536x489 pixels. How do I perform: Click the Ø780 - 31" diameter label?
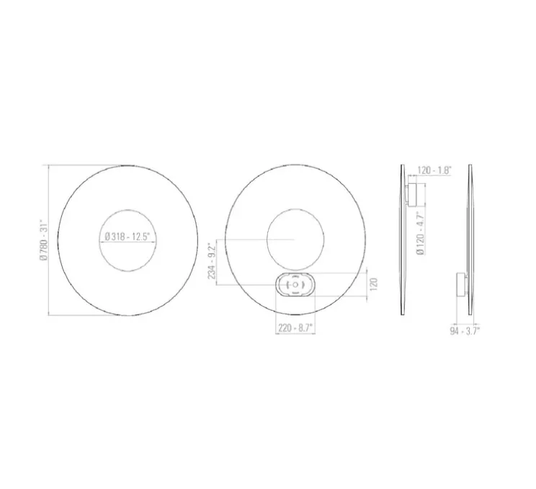tap(43, 240)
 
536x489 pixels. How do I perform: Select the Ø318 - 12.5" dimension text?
tap(128, 237)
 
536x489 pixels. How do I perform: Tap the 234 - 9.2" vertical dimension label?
tap(213, 261)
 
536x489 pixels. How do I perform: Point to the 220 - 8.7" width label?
tap(295, 328)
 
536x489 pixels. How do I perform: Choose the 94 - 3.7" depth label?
tap(465, 331)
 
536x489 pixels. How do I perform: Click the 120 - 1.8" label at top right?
tap(434, 170)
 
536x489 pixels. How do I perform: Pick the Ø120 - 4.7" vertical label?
tap(421, 234)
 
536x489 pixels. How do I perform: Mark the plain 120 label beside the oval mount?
tap(373, 284)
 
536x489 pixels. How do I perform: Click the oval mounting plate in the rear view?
tap(295, 285)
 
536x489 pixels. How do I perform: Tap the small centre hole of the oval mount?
tap(295, 285)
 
